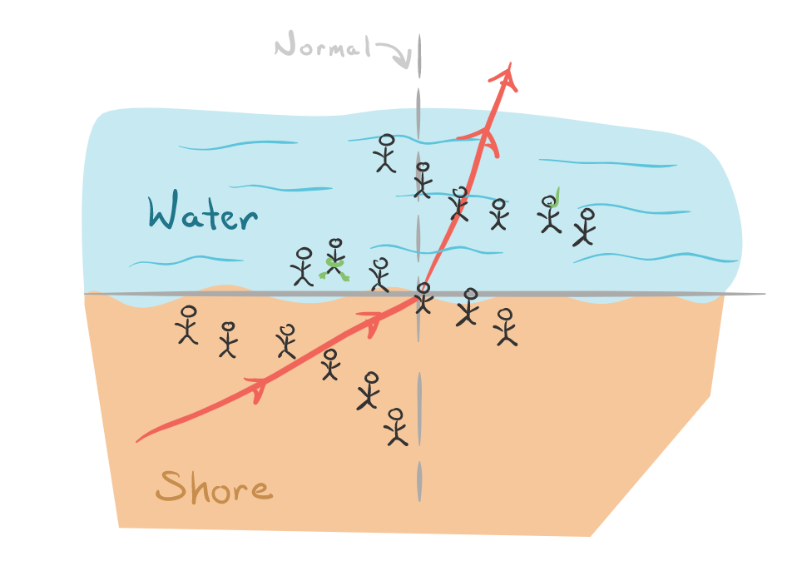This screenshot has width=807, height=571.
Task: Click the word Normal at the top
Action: click(322, 47)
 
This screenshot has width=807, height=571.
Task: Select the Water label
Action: click(202, 214)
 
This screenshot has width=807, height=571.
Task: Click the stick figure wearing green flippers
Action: click(334, 259)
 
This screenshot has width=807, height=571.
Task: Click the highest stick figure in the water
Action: click(386, 153)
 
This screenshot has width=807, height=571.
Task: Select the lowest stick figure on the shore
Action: click(396, 426)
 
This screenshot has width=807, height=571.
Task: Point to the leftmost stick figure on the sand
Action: click(188, 324)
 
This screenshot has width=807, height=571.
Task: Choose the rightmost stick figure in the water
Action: click(586, 226)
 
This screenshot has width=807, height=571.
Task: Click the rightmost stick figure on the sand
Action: click(505, 326)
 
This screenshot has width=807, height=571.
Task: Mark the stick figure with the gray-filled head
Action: click(469, 305)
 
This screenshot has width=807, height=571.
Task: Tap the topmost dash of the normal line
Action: click(420, 55)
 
